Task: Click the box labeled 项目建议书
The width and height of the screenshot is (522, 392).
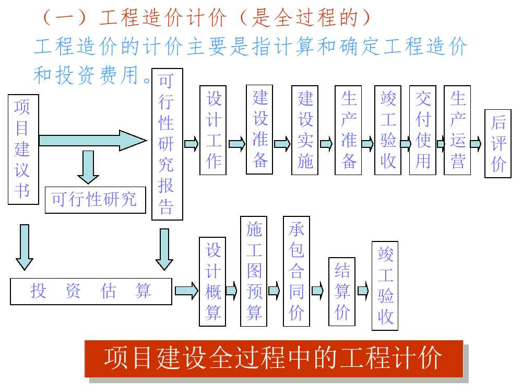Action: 23,149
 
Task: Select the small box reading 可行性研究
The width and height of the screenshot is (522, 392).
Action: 94,199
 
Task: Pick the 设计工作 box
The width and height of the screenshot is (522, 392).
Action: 213,130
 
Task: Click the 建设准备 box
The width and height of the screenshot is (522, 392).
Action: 259,129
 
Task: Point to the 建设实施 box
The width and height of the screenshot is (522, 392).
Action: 305,130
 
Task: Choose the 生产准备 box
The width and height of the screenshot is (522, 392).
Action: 348,130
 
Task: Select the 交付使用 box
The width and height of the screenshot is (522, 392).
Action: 422,130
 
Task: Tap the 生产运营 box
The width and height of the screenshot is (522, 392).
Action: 457,130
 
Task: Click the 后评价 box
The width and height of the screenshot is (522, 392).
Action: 498,144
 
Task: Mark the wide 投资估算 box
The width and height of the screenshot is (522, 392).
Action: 91,291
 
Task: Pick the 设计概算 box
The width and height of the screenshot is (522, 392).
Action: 212,281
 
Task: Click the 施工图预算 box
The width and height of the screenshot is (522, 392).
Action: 254,271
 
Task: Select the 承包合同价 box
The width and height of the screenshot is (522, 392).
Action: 296,271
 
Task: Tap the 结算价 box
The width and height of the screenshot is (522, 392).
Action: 342,292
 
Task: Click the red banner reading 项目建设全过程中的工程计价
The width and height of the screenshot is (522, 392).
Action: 274,359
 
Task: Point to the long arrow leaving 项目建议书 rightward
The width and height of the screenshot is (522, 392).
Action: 92,141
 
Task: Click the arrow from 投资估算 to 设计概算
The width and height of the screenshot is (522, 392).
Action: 186,291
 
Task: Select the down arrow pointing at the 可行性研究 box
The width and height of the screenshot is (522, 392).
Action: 88,167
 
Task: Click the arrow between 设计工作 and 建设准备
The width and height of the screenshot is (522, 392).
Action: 236,144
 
